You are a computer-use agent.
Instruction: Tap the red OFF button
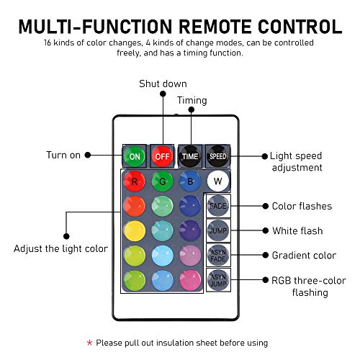coord(163,156)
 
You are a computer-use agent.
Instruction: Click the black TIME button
coord(190,156)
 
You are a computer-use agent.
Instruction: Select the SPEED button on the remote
coord(217,156)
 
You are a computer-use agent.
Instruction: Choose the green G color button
coord(163,181)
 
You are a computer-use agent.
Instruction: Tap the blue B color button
coord(189,181)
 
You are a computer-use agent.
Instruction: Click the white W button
coord(217,181)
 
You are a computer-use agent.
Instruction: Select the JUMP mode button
coord(217,231)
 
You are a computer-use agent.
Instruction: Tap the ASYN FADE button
coord(217,255)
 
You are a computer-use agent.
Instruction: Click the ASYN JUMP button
coord(217,280)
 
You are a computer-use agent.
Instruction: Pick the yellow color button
coord(134,231)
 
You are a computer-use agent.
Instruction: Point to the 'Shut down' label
coord(163,84)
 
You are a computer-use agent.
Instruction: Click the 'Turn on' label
coord(65,155)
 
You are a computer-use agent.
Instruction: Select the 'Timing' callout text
coord(192,100)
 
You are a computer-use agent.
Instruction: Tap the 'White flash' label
coord(297,230)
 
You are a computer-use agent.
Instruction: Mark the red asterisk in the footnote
coord(89,343)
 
